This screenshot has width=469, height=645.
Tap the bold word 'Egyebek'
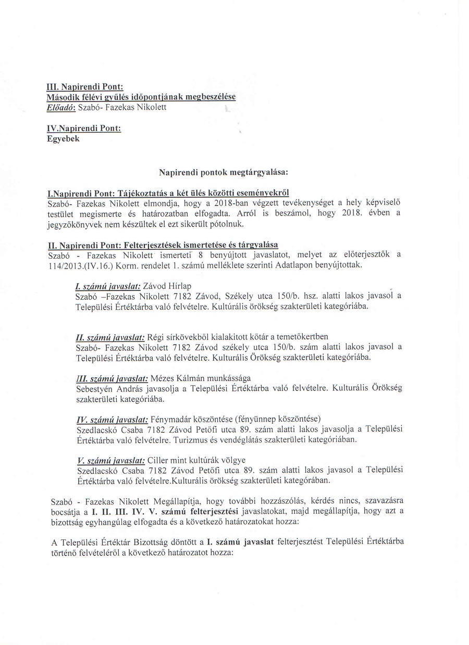pos(63,138)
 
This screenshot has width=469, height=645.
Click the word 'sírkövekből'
pos(182,336)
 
